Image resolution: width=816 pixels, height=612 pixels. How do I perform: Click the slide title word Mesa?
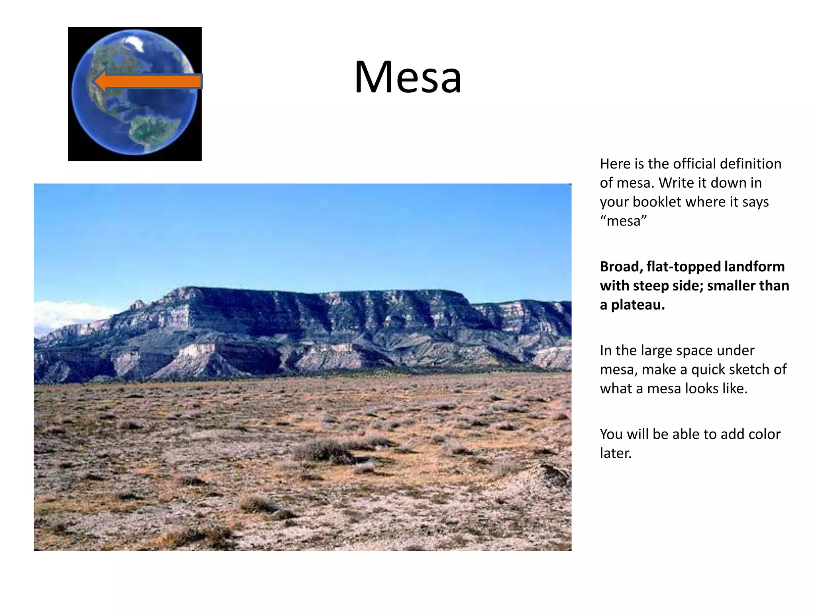pyautogui.click(x=408, y=77)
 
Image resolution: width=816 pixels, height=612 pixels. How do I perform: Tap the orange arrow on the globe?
pyautogui.click(x=147, y=81)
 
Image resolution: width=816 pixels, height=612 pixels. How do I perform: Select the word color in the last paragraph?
pyautogui.click(x=764, y=434)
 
